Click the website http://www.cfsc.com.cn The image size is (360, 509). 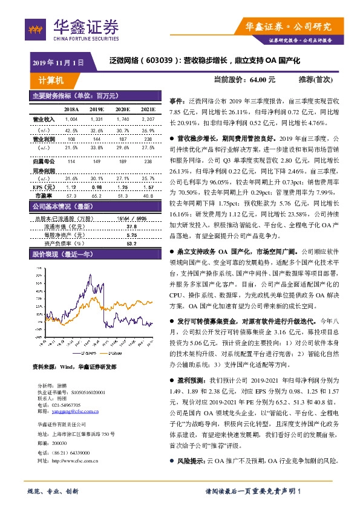78,461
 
